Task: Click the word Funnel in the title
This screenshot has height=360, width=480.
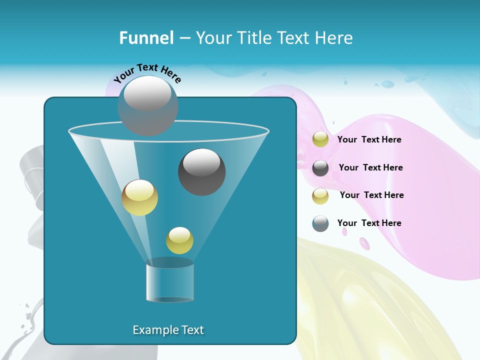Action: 146,38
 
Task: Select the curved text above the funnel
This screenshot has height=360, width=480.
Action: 147,73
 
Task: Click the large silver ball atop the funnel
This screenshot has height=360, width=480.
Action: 147,105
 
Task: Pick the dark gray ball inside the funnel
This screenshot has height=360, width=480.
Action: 201,171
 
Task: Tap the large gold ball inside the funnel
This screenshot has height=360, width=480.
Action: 139,197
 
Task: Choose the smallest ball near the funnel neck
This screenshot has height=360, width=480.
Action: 179,240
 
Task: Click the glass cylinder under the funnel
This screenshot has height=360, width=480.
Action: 170,282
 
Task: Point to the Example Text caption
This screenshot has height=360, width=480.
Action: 168,330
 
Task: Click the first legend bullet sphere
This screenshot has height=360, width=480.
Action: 320,139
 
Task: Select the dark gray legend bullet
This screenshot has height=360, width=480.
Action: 320,168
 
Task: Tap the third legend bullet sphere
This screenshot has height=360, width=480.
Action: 320,196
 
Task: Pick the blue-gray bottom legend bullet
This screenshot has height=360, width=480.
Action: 320,223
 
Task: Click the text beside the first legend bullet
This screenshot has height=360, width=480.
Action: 369,140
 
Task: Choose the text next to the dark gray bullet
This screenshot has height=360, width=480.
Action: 370,168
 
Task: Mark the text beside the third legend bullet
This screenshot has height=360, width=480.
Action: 371,195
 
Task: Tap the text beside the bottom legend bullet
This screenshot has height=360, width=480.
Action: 369,223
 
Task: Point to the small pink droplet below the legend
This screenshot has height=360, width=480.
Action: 364,243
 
